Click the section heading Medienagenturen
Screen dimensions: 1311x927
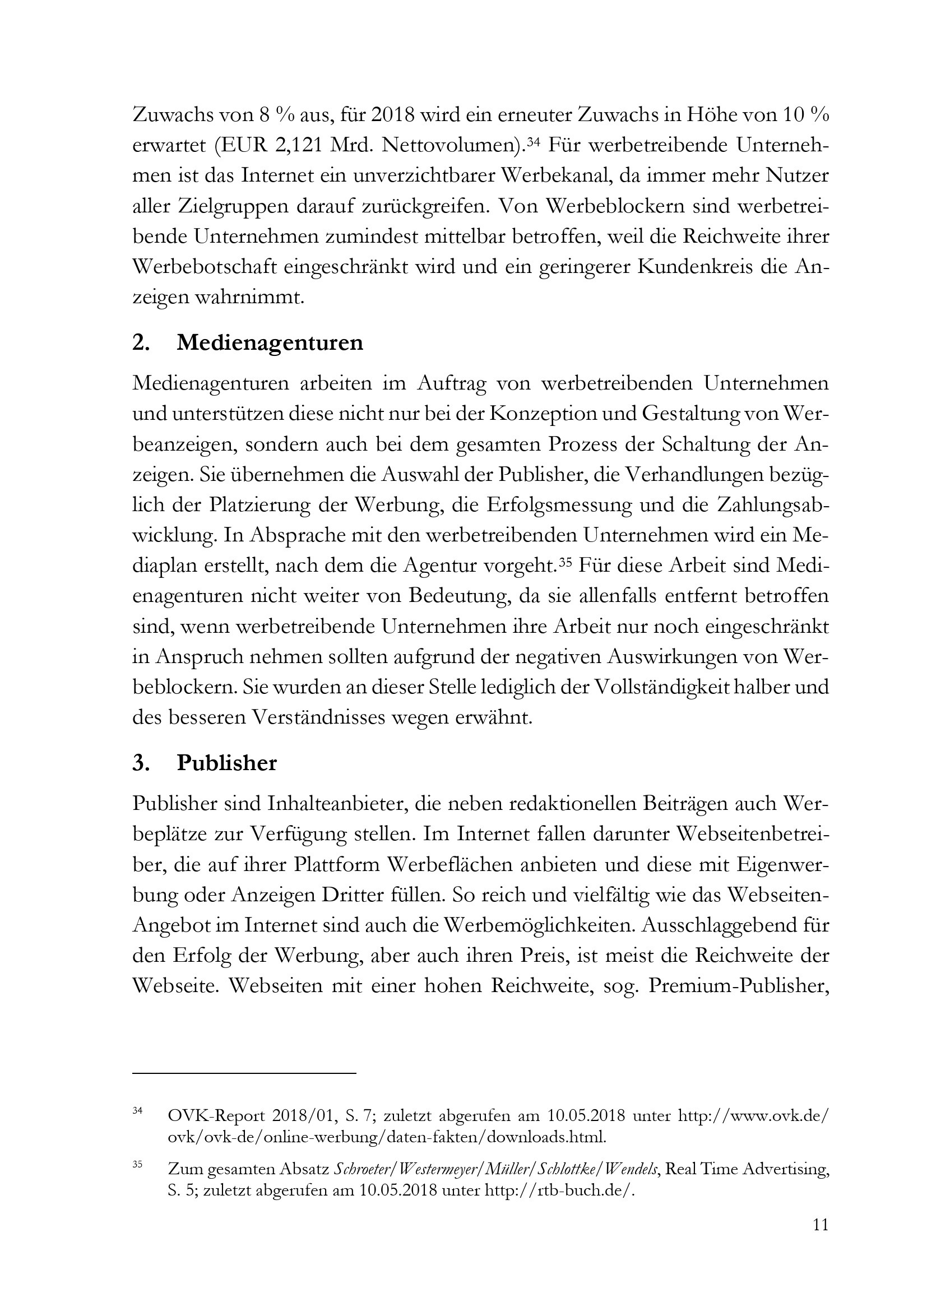pos(270,343)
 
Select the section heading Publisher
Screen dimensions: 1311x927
pos(226,763)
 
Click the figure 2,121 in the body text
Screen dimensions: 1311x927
pos(300,146)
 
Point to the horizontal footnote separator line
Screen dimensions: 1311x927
pos(244,1074)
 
